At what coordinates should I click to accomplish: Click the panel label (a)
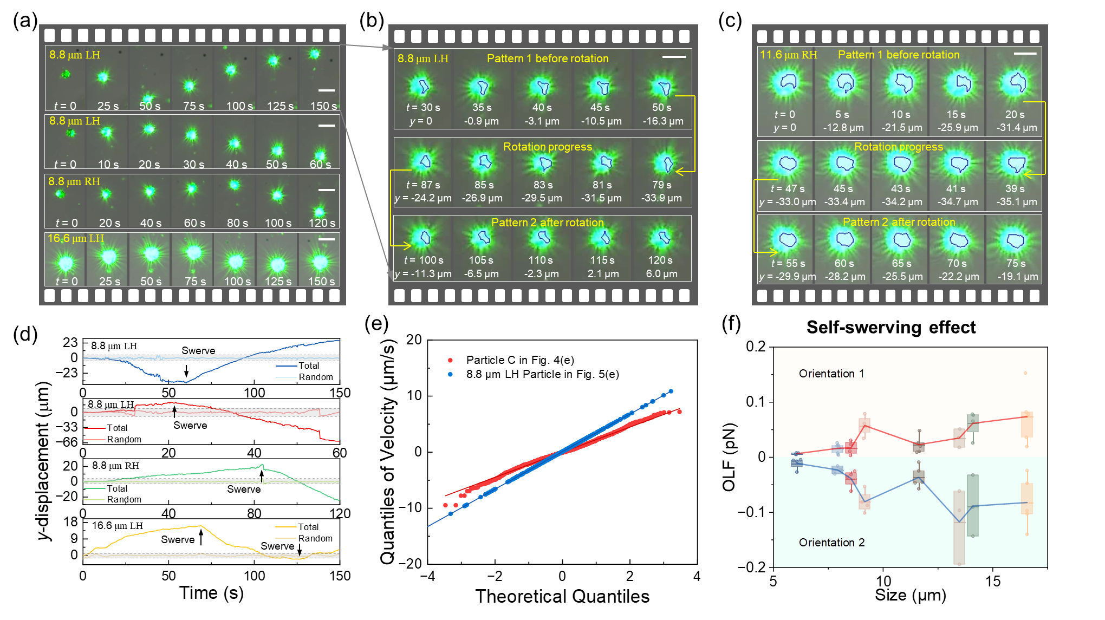pos(25,21)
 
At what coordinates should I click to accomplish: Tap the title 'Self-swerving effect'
pos(890,328)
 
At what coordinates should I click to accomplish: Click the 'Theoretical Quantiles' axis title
pos(562,596)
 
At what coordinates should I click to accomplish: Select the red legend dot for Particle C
pos(450,360)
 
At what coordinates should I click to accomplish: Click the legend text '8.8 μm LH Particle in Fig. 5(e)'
pos(542,374)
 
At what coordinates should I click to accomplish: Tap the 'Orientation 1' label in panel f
pos(831,374)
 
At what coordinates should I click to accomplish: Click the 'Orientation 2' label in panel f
pos(831,543)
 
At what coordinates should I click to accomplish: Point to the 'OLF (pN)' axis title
pos(729,456)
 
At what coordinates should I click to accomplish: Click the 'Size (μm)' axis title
pos(910,595)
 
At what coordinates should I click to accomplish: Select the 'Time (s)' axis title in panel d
pos(211,593)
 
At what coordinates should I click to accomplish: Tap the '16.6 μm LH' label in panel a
pos(75,238)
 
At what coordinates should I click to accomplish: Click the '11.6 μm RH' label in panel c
pos(788,55)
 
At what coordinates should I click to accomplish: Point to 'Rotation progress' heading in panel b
pos(547,147)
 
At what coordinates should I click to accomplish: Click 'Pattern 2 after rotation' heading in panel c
pos(899,222)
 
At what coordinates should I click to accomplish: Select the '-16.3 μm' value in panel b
pos(662,121)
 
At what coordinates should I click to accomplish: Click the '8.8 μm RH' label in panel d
pos(115,466)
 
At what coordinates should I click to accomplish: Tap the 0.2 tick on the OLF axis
pos(756,347)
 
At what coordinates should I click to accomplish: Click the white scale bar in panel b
pos(674,57)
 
